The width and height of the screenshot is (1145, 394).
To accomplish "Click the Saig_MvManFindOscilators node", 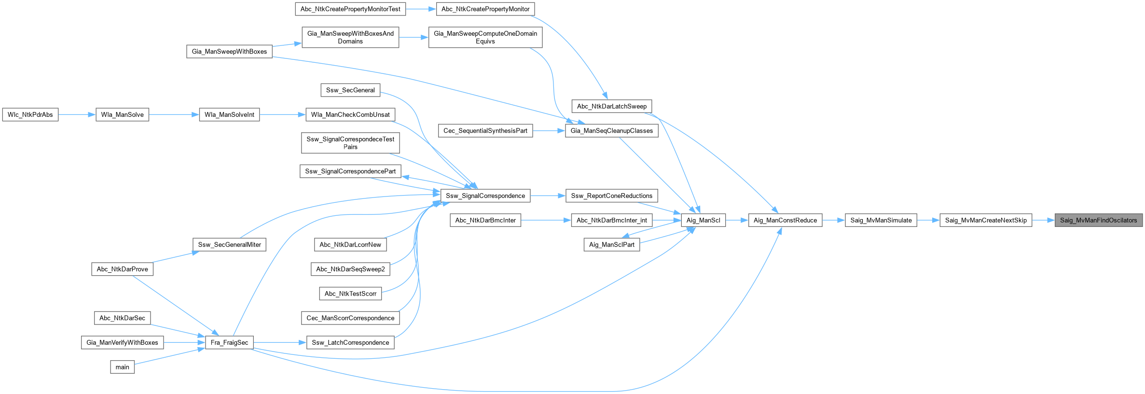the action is point(1099,220).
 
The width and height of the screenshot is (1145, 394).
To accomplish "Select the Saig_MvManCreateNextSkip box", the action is point(986,220).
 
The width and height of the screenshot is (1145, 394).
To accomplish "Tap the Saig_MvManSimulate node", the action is point(881,220).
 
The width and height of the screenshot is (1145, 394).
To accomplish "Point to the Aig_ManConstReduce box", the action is point(786,220).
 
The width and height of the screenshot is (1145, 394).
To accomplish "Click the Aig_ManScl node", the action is point(703,220).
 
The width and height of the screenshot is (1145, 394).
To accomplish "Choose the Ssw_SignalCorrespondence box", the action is point(485,196).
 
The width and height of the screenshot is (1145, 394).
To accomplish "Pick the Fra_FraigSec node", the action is point(229,342).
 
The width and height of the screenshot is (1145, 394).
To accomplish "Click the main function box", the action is point(123,367).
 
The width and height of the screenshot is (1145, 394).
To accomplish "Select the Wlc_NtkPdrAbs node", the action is point(30,114).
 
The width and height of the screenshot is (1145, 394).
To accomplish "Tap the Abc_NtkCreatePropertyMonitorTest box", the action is point(350,9).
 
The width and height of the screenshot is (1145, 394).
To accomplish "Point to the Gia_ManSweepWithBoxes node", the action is point(229,51).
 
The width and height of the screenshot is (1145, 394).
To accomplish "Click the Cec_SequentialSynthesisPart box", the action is point(485,130).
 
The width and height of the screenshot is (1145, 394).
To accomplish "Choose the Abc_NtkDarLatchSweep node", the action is point(612,106).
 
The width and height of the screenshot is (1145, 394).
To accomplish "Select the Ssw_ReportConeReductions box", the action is point(611,196).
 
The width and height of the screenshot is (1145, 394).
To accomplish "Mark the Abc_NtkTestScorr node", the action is point(350,294).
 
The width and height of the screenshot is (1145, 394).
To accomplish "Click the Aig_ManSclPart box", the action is point(612,245).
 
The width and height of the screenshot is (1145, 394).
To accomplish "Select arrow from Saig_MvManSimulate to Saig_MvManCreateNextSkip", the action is point(928,220).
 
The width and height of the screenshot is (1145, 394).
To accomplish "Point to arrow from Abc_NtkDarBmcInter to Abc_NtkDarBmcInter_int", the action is point(546,220).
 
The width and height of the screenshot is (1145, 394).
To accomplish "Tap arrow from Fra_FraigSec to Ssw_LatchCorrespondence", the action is point(280,342).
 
